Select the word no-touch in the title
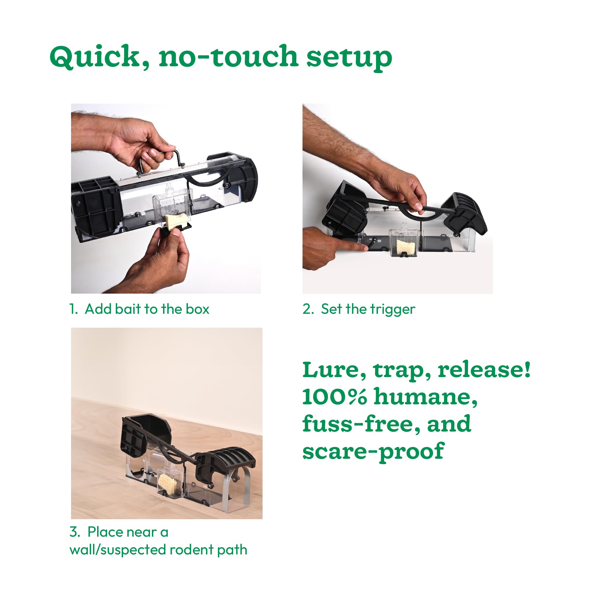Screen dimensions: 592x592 click(x=228, y=57)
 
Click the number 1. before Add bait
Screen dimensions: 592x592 click(x=73, y=309)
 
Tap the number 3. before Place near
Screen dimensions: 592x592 click(x=75, y=532)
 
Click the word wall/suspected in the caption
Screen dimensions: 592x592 click(x=118, y=550)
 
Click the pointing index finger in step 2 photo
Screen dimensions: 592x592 click(x=352, y=245)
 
